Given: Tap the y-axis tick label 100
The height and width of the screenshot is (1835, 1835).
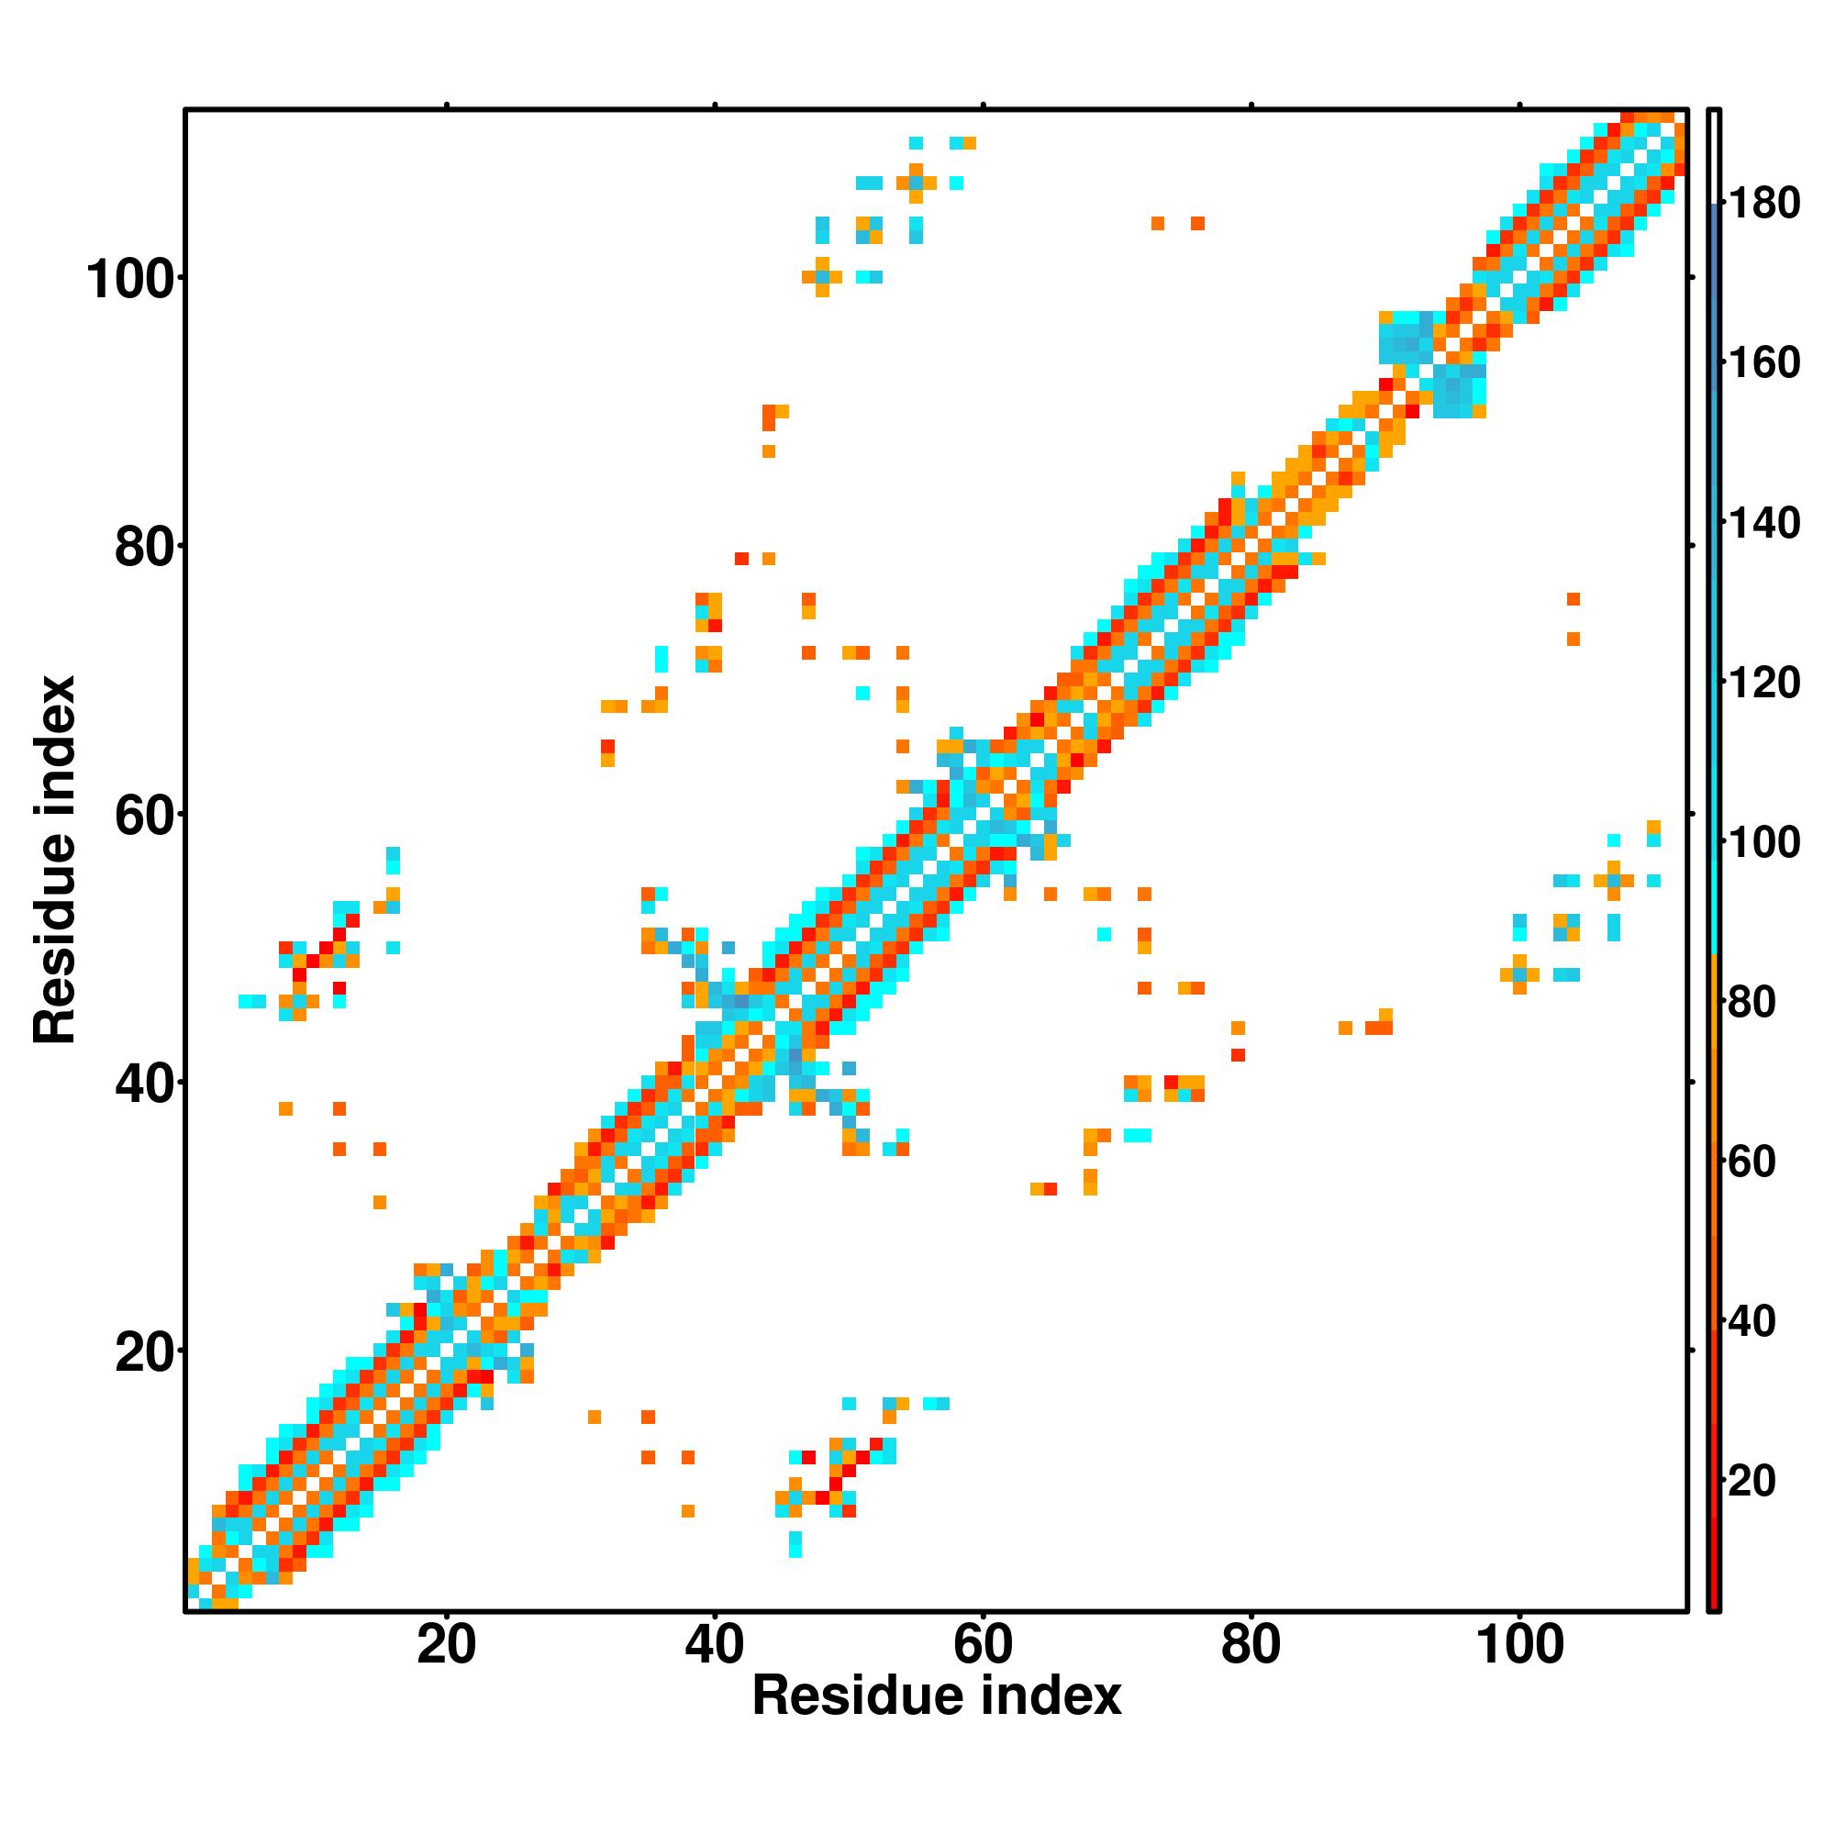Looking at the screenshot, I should pos(133,280).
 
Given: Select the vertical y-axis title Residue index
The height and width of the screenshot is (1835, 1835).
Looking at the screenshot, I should pos(55,860).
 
